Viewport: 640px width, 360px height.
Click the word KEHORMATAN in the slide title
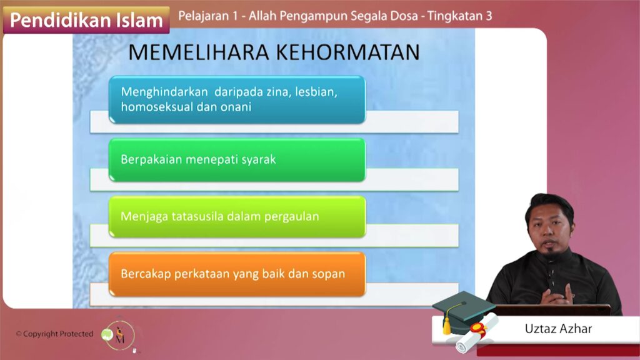(348, 52)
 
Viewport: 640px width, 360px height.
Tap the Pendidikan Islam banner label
(86, 20)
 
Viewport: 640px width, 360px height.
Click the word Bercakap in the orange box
(146, 274)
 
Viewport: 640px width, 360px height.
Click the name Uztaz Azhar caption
(558, 329)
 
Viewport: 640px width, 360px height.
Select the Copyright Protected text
(55, 334)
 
